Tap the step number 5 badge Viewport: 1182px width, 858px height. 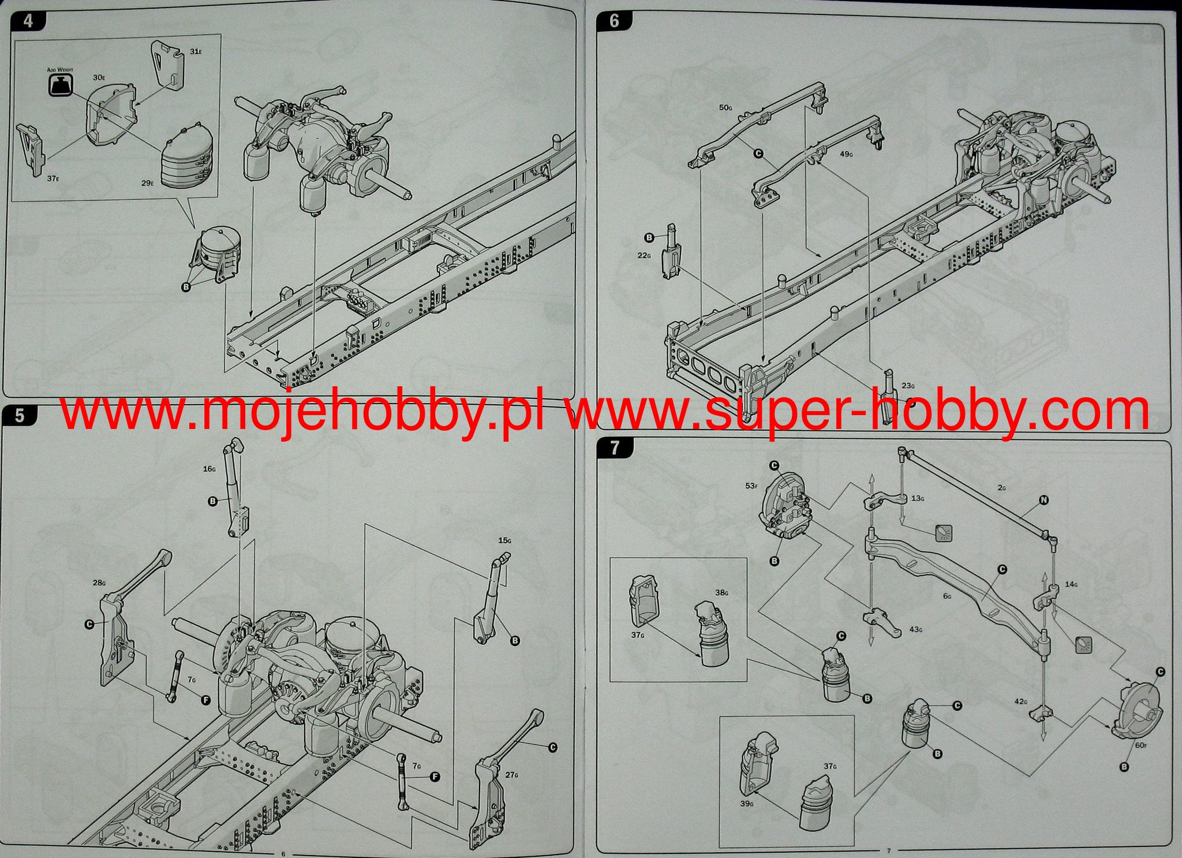tap(20, 415)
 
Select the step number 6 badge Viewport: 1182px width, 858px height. tap(614, 21)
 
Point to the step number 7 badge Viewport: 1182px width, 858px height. tap(614, 448)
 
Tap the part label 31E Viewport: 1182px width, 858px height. tap(196, 51)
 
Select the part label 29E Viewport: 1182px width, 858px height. tap(147, 183)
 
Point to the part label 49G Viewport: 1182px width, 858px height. tap(847, 154)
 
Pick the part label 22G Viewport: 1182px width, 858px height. tap(644, 255)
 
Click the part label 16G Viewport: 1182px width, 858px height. tap(209, 469)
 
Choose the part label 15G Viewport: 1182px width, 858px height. tap(504, 540)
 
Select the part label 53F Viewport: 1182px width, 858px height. tap(751, 486)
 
